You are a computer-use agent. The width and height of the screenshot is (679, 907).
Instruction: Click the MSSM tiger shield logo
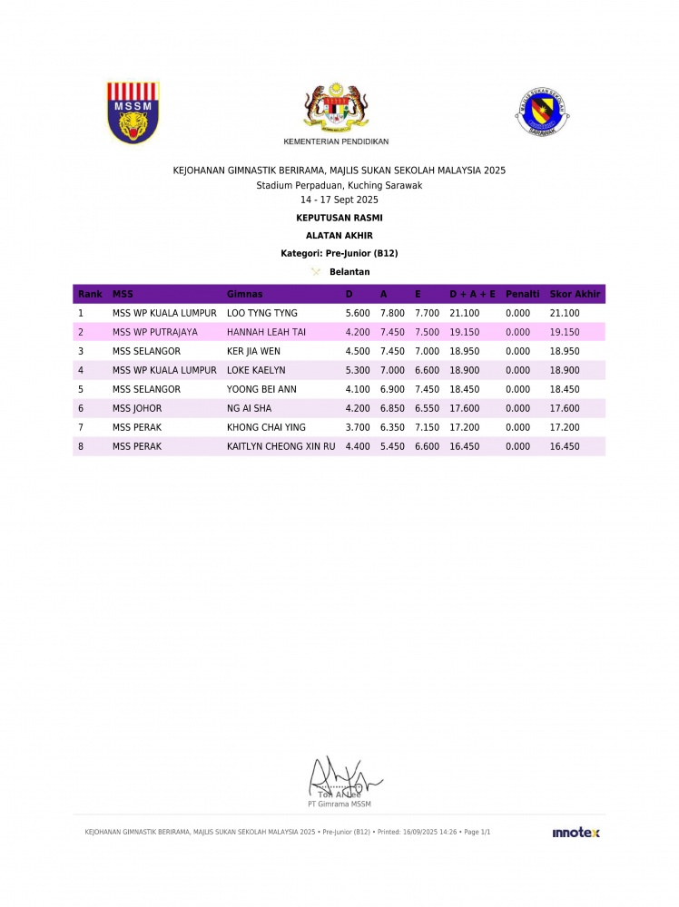(133, 112)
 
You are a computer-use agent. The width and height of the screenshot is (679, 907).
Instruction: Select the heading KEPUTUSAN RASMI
(339, 218)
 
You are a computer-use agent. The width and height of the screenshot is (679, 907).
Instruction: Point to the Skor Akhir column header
(576, 294)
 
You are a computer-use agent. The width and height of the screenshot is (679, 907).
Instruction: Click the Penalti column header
(522, 294)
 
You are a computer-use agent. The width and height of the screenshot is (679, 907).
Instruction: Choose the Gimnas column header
(244, 294)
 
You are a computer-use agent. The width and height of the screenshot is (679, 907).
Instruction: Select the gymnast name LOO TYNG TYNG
(262, 313)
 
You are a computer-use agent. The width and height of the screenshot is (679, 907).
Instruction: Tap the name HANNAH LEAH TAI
(266, 332)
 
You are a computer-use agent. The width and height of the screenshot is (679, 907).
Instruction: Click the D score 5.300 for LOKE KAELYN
(358, 370)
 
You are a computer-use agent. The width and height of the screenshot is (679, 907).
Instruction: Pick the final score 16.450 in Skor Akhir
(565, 446)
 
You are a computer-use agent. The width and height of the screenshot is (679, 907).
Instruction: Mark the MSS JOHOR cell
(137, 408)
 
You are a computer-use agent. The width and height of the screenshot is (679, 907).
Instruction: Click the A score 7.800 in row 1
(392, 313)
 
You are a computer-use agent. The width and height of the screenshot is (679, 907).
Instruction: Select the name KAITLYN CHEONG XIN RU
(280, 446)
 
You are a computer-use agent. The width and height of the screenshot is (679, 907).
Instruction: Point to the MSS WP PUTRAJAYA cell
(155, 332)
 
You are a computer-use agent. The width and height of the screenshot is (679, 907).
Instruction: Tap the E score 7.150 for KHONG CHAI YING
(427, 427)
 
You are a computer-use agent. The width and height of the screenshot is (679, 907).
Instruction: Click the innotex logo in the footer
(576, 833)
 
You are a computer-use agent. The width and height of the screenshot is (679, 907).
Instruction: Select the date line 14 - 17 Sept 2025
(339, 200)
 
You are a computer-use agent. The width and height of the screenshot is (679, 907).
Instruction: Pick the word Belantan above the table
(349, 271)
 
